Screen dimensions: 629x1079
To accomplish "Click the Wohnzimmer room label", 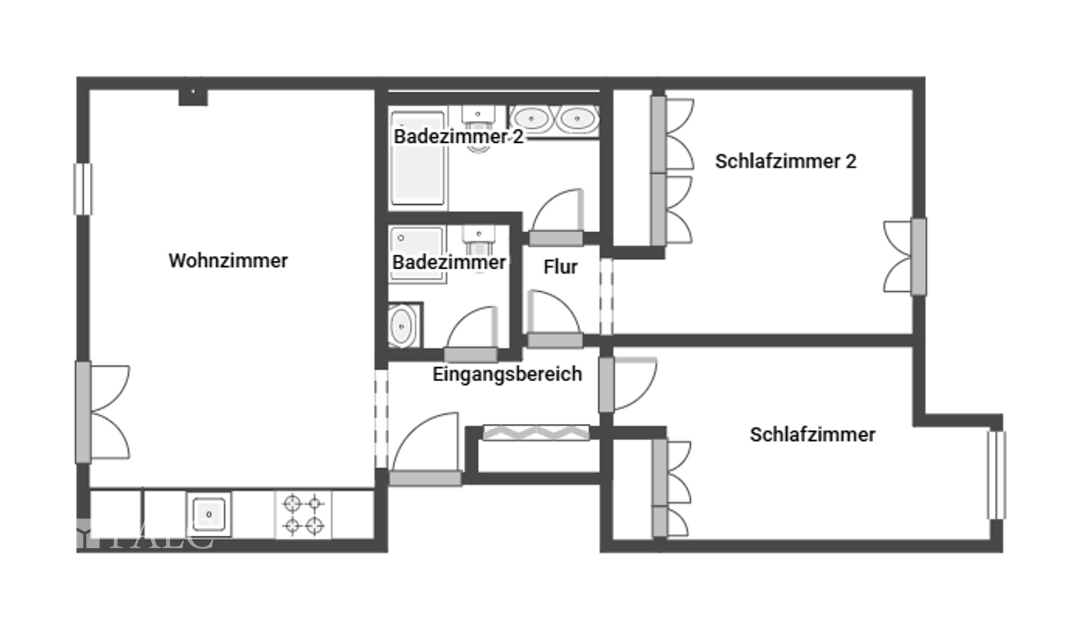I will (228, 261).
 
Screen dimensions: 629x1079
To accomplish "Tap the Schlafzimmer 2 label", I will (785, 162).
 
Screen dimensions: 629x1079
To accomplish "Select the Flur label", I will (560, 267).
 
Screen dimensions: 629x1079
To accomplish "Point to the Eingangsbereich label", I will (507, 374).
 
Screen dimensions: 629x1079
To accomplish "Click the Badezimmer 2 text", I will (458, 137).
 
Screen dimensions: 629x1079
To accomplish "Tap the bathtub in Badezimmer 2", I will (417, 160).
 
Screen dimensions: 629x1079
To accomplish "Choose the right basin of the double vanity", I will (575, 119).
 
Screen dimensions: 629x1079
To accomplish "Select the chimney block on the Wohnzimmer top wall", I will (193, 97).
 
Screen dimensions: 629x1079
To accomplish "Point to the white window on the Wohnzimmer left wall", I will (83, 189).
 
